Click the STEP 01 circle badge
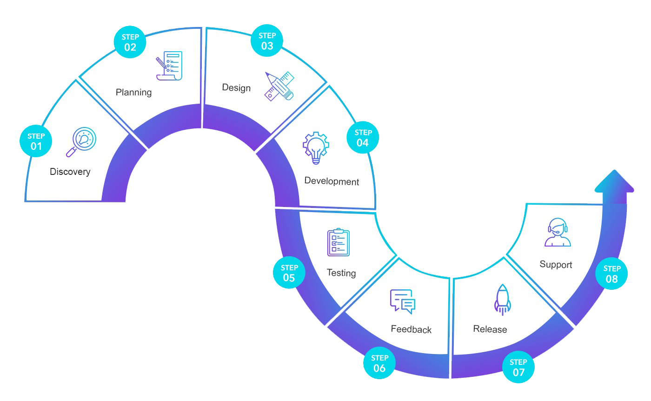tap(36, 141)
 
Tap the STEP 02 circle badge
tap(130, 42)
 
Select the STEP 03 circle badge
tap(267, 40)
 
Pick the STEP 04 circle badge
tap(363, 138)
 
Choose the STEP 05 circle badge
tap(289, 273)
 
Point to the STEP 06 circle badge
tap(379, 363)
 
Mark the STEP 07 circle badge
tap(518, 367)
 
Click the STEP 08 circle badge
tap(611, 274)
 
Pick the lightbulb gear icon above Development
tap(316, 147)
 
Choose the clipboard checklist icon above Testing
tap(338, 242)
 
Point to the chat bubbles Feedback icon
tap(402, 301)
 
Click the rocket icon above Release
tap(502, 300)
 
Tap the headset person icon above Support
tap(558, 232)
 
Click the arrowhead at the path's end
tap(614, 182)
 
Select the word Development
tap(332, 181)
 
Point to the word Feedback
tap(411, 329)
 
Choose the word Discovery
tap(70, 172)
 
